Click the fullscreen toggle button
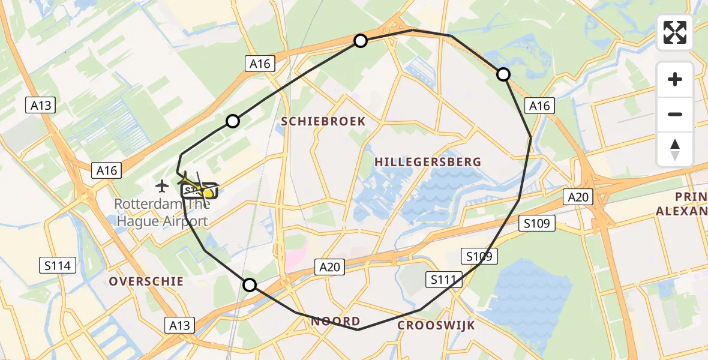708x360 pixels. point(675,32)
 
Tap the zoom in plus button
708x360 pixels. point(675,79)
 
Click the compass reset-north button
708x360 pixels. point(675,149)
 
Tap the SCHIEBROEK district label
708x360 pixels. point(323,121)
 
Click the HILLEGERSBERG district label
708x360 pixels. point(428,161)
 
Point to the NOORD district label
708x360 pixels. point(335,322)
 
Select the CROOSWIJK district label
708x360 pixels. point(436,325)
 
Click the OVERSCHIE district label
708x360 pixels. point(146,281)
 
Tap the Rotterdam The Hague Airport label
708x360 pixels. point(162,212)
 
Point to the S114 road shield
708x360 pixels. point(57,265)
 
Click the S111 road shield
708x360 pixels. point(445,278)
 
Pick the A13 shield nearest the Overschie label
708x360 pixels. point(179,325)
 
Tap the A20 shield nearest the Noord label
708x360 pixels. point(330,268)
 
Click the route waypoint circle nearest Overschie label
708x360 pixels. point(249,285)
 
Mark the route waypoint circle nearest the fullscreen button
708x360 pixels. point(503,74)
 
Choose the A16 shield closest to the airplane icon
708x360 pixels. point(107,170)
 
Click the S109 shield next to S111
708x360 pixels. point(479,257)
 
